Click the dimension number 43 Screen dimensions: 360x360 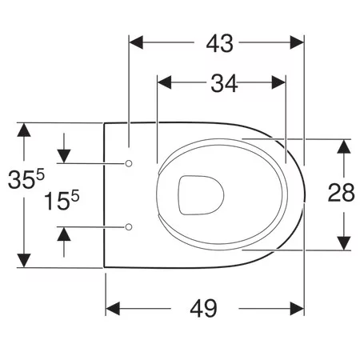(220, 44)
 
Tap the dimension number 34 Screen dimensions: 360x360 (224, 83)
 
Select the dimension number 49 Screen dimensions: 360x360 (203, 309)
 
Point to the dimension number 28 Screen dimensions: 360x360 (341, 192)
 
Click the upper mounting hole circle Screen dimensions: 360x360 (129, 163)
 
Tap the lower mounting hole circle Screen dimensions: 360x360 (129, 227)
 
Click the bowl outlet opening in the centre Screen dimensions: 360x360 (201, 195)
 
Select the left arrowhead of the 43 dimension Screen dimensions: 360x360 (136, 42)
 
